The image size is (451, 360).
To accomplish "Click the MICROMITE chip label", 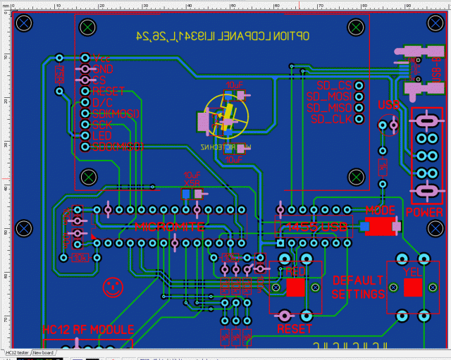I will pyautogui.click(x=169, y=227).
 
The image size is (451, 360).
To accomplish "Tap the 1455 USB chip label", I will pyautogui.click(x=314, y=227).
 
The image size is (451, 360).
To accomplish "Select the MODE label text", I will pyautogui.click(x=381, y=211).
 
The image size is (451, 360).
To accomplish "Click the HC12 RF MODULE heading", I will pyautogui.click(x=88, y=330).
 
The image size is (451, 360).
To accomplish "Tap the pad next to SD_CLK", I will pyautogui.click(x=359, y=119).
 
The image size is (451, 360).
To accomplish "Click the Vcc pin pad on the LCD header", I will pyautogui.click(x=85, y=58).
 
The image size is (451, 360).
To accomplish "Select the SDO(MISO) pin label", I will pyautogui.click(x=117, y=147).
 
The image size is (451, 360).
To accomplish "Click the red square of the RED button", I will pyautogui.click(x=295, y=287).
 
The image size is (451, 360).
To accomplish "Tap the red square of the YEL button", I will pyautogui.click(x=412, y=287).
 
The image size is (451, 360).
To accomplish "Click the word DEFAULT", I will pyautogui.click(x=358, y=280).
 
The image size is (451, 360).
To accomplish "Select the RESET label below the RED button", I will pyautogui.click(x=295, y=329).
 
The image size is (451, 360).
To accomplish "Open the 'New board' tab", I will pyautogui.click(x=43, y=352).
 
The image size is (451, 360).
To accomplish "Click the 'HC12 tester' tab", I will pyautogui.click(x=17, y=352).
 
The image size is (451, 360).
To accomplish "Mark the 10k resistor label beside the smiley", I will pyautogui.click(x=80, y=257).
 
